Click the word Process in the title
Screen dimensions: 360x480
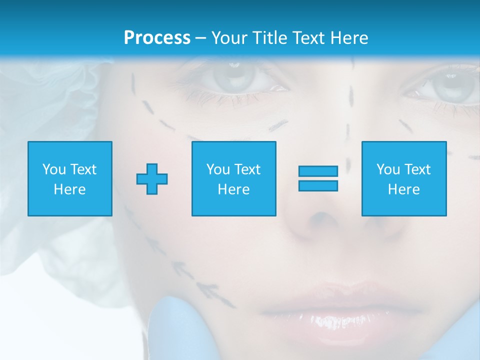pos(157,37)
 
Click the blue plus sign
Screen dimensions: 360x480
pos(152,178)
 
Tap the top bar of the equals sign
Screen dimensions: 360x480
pos(318,171)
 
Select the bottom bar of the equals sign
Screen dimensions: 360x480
pos(318,185)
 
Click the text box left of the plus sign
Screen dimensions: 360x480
pos(70,178)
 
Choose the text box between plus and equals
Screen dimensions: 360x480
pos(233,178)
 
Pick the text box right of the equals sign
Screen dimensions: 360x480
pos(404,178)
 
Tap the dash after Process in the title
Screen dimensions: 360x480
pos(200,38)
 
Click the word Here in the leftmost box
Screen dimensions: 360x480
pos(69,189)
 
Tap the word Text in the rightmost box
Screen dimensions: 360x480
pos(417,169)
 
